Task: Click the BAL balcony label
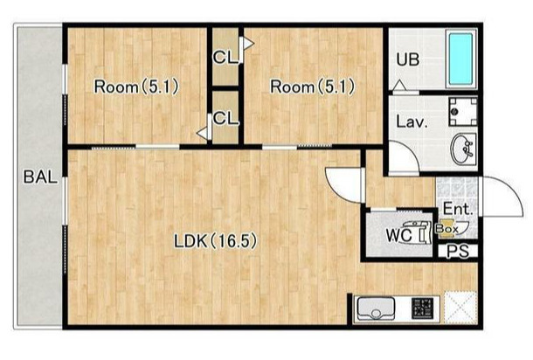coord(40,177)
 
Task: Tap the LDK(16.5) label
coord(216,241)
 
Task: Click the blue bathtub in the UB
coord(461,59)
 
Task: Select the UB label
coord(408,59)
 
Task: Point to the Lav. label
coord(412,121)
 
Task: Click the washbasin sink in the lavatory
coord(463,149)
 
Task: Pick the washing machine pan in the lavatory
coord(462,112)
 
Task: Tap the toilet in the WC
coord(417,232)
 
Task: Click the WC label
coord(398,235)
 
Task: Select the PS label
coord(458,252)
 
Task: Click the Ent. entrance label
coord(458,209)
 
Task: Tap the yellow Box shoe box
coord(446,228)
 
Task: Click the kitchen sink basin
coord(375,308)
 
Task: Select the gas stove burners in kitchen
coord(423,308)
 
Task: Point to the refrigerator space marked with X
coord(460,307)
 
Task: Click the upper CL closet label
coord(225,58)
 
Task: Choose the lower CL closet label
coord(225,119)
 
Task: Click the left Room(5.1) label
coord(136,87)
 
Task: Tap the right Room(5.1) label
coord(313,87)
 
